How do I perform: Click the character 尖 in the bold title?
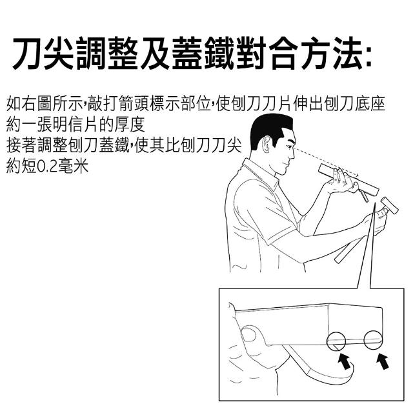pos(59,53)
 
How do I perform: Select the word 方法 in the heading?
pos(331,53)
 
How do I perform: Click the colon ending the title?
pos(368,56)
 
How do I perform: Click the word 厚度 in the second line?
pos(130,125)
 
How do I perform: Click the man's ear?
pos(267,145)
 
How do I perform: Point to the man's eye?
pos(289,146)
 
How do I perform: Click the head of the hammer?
pos(389,205)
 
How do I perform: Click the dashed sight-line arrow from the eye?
pos(327,162)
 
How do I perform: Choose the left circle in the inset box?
pos(336,341)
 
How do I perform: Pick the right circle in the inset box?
pos(373,340)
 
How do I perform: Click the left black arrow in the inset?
pos(344,361)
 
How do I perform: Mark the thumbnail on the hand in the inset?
pos(248,335)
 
